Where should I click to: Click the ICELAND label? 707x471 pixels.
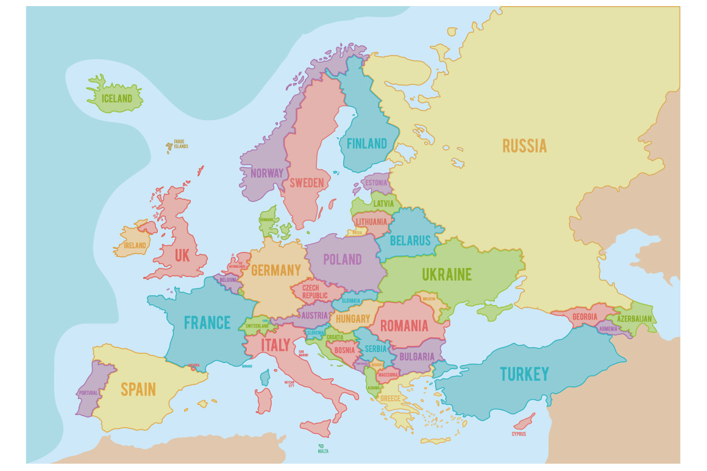click(116, 98)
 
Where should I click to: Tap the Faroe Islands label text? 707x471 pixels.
click(180, 144)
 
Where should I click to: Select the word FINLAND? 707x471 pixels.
click(366, 144)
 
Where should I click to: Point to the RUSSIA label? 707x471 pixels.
click(524, 146)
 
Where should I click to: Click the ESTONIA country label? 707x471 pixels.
click(376, 182)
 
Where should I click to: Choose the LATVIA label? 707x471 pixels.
click(383, 203)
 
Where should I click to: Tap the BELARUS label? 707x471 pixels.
click(410, 240)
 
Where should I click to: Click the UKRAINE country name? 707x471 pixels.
click(447, 275)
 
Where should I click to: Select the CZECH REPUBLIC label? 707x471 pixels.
click(311, 291)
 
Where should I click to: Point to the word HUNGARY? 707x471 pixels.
click(352, 318)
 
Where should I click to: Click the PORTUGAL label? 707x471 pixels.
click(88, 392)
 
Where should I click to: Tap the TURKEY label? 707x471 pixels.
click(524, 373)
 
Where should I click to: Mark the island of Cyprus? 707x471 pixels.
click(524, 422)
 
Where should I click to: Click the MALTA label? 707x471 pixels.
click(323, 451)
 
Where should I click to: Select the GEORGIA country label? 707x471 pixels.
click(584, 317)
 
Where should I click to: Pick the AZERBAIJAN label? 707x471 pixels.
click(634, 318)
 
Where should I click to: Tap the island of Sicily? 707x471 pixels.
click(316, 428)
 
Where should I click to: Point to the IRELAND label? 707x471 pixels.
click(135, 245)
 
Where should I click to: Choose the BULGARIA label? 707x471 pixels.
click(417, 356)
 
